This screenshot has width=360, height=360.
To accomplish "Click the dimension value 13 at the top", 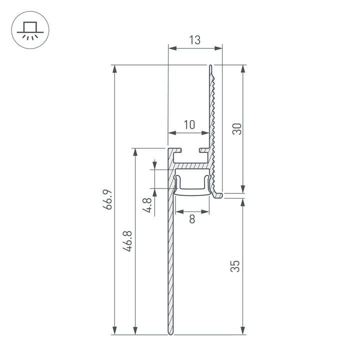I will pos(195,40).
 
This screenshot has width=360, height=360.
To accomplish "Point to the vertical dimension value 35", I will pos(237,265).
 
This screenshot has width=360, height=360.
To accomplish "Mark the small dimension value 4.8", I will pos(147,205).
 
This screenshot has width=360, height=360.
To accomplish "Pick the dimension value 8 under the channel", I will pos(192,218).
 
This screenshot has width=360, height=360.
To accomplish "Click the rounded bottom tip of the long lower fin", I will pos(171,333).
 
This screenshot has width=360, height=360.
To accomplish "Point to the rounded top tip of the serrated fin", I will pos(211,66).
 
